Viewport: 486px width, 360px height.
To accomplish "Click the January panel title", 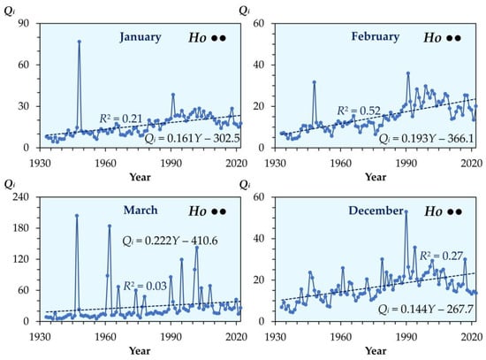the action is click(x=140, y=37).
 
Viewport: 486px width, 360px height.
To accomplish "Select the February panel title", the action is click(x=376, y=36).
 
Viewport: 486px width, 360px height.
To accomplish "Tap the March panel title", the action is click(x=140, y=211).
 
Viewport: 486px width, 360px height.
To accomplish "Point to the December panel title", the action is click(x=376, y=211).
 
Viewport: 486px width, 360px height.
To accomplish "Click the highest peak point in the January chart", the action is click(x=80, y=42).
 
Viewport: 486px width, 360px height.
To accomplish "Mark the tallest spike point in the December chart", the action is click(x=406, y=212).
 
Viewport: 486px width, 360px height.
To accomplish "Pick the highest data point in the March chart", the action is click(x=77, y=215).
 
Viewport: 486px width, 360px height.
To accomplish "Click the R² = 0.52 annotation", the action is click(x=359, y=111).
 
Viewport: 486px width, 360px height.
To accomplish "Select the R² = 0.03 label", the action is click(x=145, y=286).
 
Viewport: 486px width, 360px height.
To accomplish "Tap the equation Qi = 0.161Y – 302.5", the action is click(x=192, y=138).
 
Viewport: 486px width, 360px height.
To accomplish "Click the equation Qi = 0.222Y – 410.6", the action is click(x=170, y=241).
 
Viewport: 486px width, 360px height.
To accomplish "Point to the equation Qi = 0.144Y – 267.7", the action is click(x=426, y=309).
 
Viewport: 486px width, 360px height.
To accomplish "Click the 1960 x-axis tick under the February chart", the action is click(x=340, y=164).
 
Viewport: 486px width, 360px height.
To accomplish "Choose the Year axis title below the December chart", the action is click(x=376, y=350).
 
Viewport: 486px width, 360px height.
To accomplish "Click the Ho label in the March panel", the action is click(x=197, y=211).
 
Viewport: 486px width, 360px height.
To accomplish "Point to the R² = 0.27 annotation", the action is click(x=441, y=256).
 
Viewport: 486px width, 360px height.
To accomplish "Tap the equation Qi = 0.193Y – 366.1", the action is click(x=427, y=138).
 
